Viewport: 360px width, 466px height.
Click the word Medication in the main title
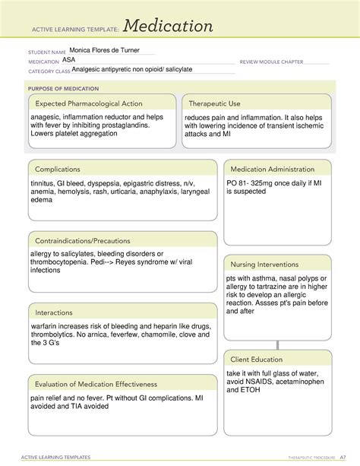pos(169,27)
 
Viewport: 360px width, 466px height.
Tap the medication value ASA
pos(69,59)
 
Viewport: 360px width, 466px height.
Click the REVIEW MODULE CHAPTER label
pos(276,61)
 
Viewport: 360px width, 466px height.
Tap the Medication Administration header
pos(273,169)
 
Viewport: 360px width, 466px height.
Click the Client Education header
pos(257,359)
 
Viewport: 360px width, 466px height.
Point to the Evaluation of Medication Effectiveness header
pos(95,384)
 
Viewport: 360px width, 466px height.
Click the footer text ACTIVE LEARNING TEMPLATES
pos(59,458)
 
